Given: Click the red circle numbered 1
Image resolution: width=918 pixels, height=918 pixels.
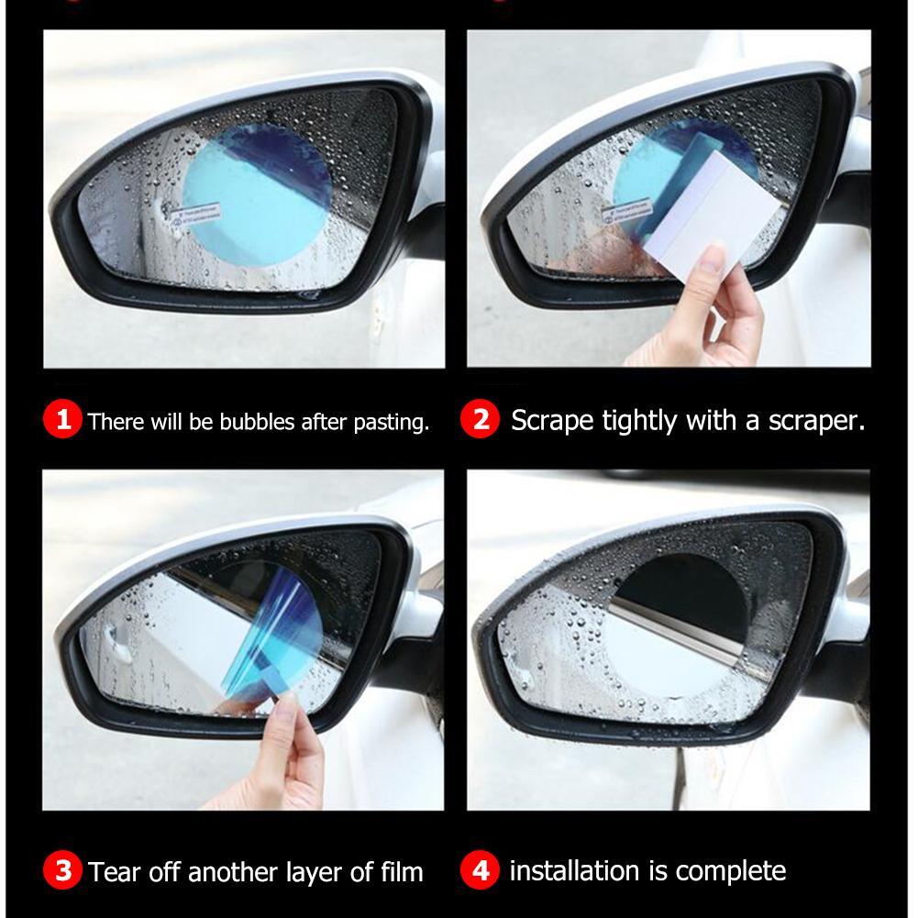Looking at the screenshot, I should point(62,420).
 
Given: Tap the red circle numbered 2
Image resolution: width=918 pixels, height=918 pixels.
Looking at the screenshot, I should point(480,419).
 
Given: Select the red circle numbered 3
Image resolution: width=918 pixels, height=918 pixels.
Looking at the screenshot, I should point(62,869).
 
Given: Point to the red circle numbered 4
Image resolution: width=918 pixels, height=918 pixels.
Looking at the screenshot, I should point(480,869).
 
